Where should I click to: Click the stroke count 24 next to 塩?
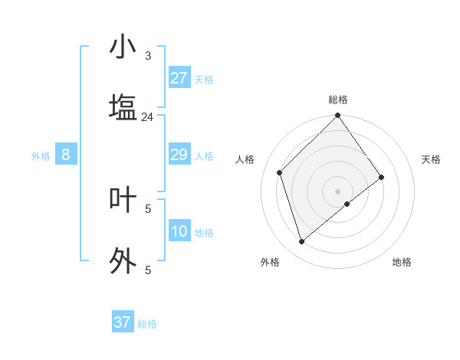[x=148, y=117]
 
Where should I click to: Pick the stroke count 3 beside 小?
[x=148, y=55]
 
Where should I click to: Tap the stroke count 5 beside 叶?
[x=148, y=208]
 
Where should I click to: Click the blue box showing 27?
[x=179, y=78]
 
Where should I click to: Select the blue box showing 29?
[x=179, y=155]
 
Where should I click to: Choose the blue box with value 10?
[x=179, y=231]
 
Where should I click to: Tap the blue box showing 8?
[x=66, y=155]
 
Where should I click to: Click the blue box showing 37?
[x=122, y=322]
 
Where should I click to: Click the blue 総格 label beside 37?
[x=147, y=324]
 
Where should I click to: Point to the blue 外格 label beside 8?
[x=41, y=156]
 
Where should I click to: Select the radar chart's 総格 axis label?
[x=338, y=100]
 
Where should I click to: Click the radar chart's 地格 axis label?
[x=402, y=262]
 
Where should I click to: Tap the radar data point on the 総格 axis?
[x=337, y=116]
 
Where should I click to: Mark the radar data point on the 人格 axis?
[x=280, y=172]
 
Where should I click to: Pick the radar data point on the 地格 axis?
[x=347, y=204]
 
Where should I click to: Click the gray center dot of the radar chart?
[x=337, y=191]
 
